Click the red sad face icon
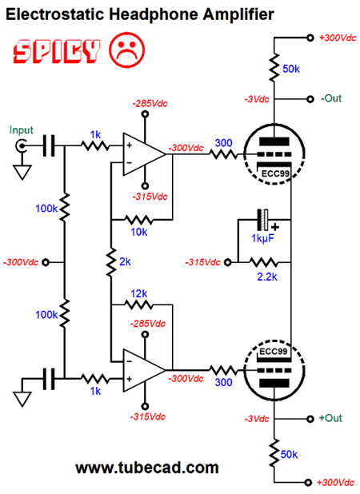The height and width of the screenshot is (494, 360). (x=126, y=50)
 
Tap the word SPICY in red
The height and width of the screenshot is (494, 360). (x=57, y=51)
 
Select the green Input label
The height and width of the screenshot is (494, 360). (x=21, y=130)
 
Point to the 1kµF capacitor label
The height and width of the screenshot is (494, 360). (x=262, y=238)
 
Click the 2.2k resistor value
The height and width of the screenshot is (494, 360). (x=267, y=277)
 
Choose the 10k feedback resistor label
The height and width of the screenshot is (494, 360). (x=138, y=232)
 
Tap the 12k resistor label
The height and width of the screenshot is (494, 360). (x=138, y=293)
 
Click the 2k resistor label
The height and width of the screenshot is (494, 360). (x=125, y=261)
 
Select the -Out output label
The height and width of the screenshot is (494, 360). (x=331, y=98)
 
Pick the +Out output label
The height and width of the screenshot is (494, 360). (x=330, y=418)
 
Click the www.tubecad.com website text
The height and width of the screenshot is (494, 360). (x=147, y=468)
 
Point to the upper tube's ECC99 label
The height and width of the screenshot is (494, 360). (x=275, y=173)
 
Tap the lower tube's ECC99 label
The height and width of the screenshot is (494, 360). (x=274, y=351)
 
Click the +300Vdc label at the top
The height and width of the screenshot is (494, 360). (x=338, y=38)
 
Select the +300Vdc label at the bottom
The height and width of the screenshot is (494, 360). (x=335, y=483)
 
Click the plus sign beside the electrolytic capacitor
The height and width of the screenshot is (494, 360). (x=275, y=227)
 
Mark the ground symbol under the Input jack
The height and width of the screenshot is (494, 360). (x=22, y=173)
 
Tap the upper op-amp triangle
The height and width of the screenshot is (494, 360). (x=144, y=154)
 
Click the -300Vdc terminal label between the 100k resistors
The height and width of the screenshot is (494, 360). (x=21, y=262)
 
